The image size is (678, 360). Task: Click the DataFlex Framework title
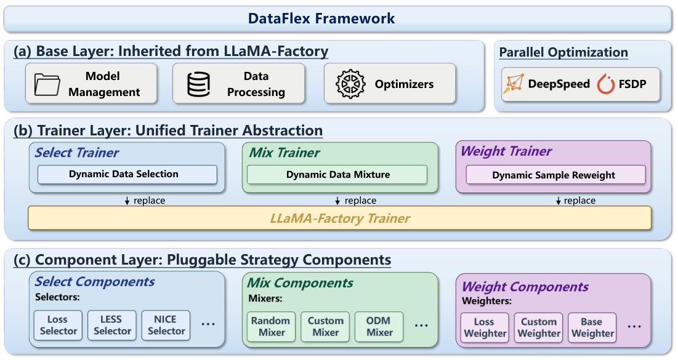coord(321,18)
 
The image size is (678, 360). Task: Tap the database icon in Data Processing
coord(198,84)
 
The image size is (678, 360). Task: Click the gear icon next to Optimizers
coord(350,84)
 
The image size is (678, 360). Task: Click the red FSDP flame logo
coord(606,84)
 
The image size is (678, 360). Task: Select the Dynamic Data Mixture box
coord(337,175)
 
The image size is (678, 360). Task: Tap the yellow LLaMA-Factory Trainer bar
coord(340,218)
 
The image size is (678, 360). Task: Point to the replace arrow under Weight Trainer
coord(559,201)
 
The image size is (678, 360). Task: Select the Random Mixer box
coord(271,326)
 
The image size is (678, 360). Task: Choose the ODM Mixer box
coord(380,326)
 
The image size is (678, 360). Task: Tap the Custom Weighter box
coord(539,327)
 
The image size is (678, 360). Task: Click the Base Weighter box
coord(592,327)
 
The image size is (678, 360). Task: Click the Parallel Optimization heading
coord(563,52)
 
